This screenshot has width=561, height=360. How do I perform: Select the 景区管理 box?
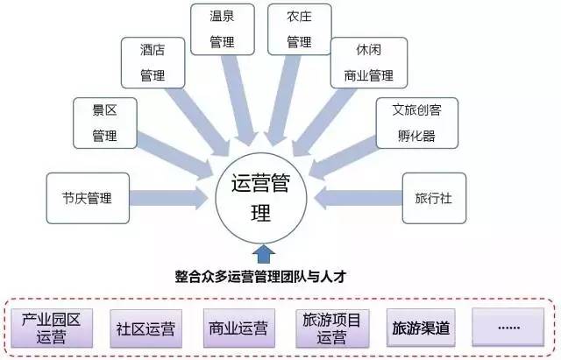[x=105, y=123]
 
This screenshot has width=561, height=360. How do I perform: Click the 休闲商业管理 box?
[x=363, y=63]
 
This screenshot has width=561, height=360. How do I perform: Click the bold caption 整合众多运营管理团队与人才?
[x=261, y=277]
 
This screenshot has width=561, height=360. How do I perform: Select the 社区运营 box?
[x=145, y=328]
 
